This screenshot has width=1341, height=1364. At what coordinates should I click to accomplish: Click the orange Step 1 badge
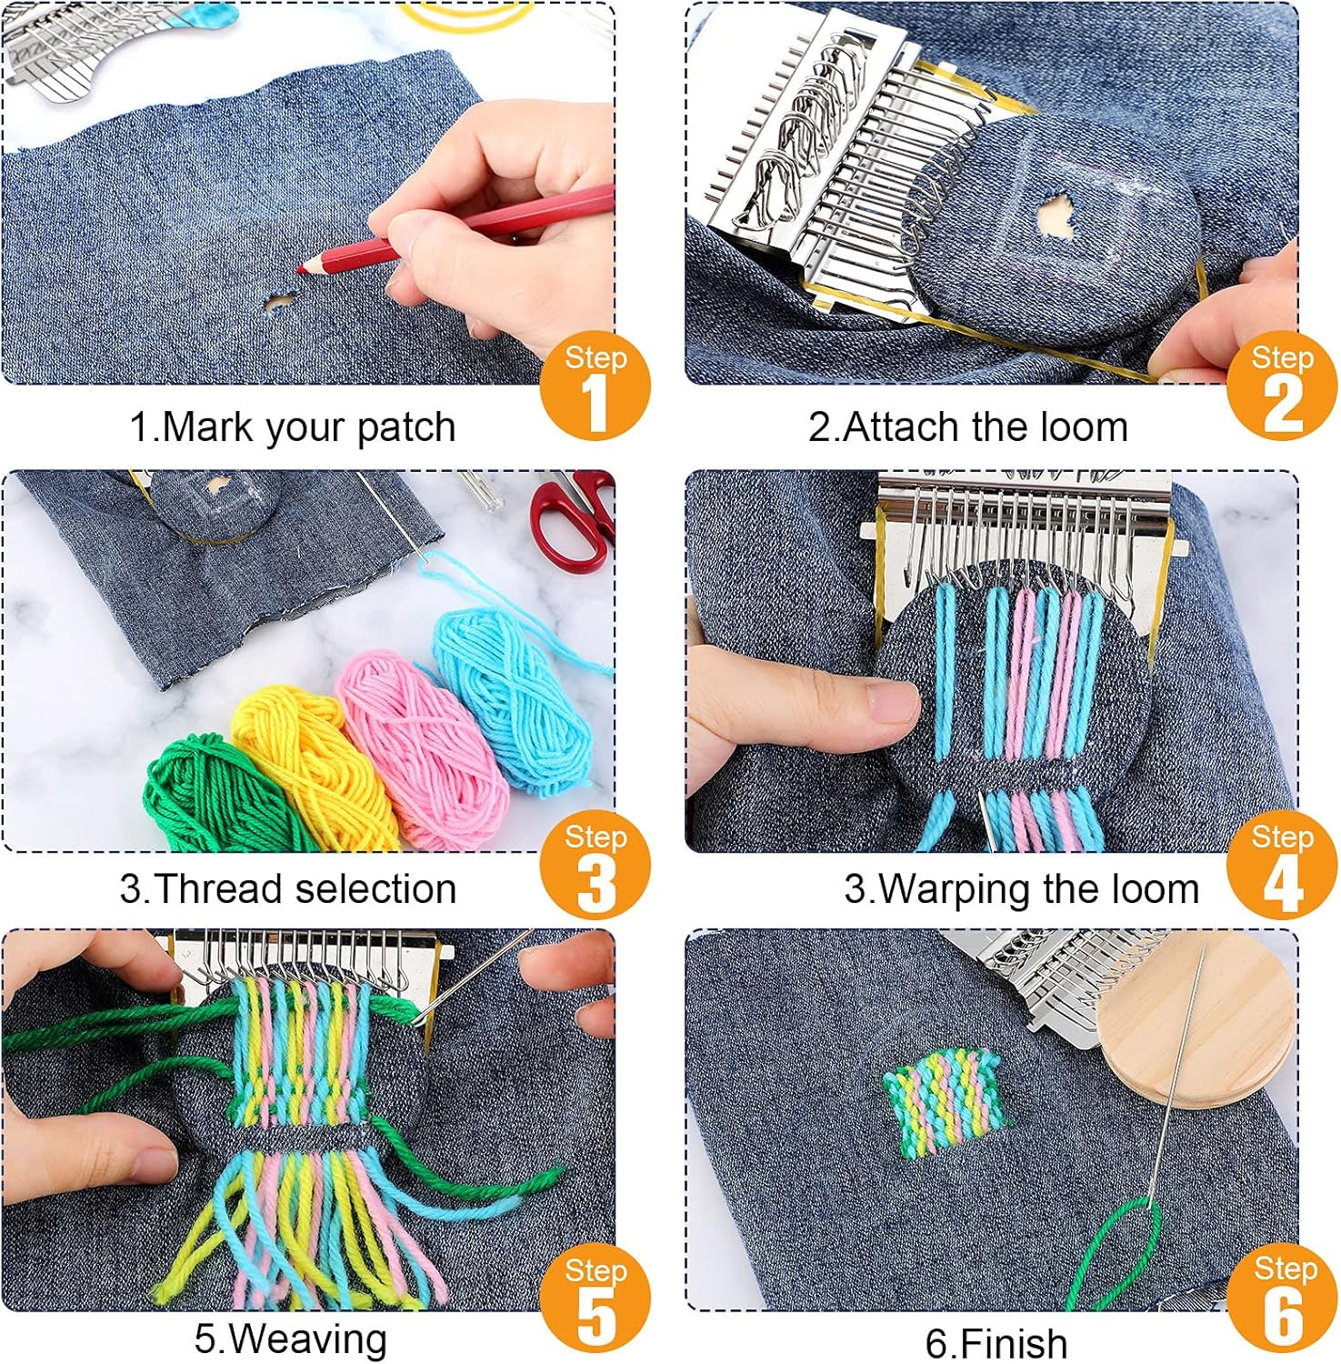click(x=595, y=386)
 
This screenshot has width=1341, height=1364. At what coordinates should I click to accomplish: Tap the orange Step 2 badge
click(x=1282, y=386)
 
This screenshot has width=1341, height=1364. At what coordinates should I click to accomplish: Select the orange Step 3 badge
click(x=595, y=865)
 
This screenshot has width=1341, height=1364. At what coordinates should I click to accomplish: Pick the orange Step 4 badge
click(x=1282, y=865)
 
